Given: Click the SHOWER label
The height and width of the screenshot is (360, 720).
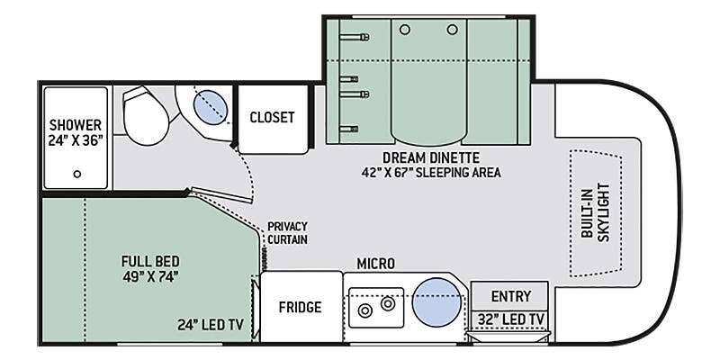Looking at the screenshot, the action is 76,125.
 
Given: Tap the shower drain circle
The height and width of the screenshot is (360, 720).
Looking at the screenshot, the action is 77,174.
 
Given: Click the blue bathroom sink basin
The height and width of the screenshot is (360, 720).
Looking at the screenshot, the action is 211,106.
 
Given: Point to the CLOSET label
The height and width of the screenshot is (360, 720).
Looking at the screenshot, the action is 273,118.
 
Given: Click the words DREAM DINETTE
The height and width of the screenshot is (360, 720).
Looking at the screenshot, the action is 431,158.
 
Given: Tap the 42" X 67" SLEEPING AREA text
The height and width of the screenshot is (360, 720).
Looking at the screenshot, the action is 431,173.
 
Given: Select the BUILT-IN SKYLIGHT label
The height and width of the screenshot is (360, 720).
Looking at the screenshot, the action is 595,211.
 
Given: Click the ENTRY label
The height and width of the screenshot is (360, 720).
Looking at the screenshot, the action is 511,297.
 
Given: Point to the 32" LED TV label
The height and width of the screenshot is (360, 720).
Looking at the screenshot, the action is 510,319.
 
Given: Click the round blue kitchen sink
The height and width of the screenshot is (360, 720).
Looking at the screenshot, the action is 436,302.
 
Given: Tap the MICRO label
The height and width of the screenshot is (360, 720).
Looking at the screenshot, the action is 375,264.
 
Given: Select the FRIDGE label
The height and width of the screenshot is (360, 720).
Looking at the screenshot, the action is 301,307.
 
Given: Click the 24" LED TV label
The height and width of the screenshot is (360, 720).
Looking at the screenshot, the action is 210,325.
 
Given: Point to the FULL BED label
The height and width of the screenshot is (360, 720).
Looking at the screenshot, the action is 150,262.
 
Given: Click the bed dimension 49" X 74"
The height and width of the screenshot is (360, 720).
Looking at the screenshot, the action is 150,276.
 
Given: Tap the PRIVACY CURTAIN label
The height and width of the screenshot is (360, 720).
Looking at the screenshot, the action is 287,233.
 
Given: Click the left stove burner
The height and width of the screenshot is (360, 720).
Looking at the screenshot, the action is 365,310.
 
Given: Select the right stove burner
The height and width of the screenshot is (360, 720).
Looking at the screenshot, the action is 388,303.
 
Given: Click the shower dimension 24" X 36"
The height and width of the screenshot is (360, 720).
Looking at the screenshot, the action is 76,140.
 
